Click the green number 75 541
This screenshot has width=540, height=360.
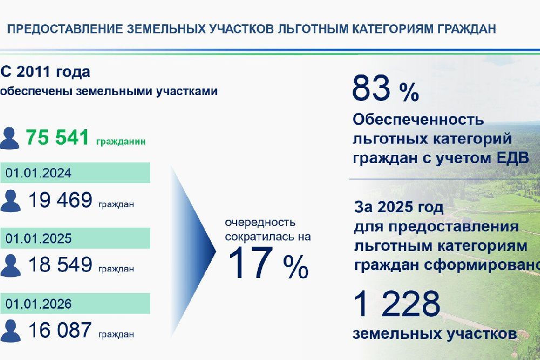(58, 137)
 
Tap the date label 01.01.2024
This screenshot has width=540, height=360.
(38, 173)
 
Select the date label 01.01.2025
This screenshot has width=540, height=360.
(38, 238)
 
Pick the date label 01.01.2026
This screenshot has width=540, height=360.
(38, 303)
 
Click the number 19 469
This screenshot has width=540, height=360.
(60, 200)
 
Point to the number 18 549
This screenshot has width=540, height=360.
(60, 264)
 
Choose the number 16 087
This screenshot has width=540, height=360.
(60, 330)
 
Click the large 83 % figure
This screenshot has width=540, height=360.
(386, 89)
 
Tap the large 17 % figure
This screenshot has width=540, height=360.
(268, 263)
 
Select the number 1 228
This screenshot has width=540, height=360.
(396, 303)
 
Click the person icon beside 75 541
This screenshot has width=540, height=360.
(10, 138)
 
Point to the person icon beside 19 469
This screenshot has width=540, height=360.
(11, 201)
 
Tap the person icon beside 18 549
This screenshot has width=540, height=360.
(11, 266)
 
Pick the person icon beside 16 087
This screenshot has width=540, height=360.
(11, 331)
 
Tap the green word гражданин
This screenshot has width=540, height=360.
(121, 141)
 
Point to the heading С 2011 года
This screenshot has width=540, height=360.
(45, 72)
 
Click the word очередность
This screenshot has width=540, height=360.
(260, 222)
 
